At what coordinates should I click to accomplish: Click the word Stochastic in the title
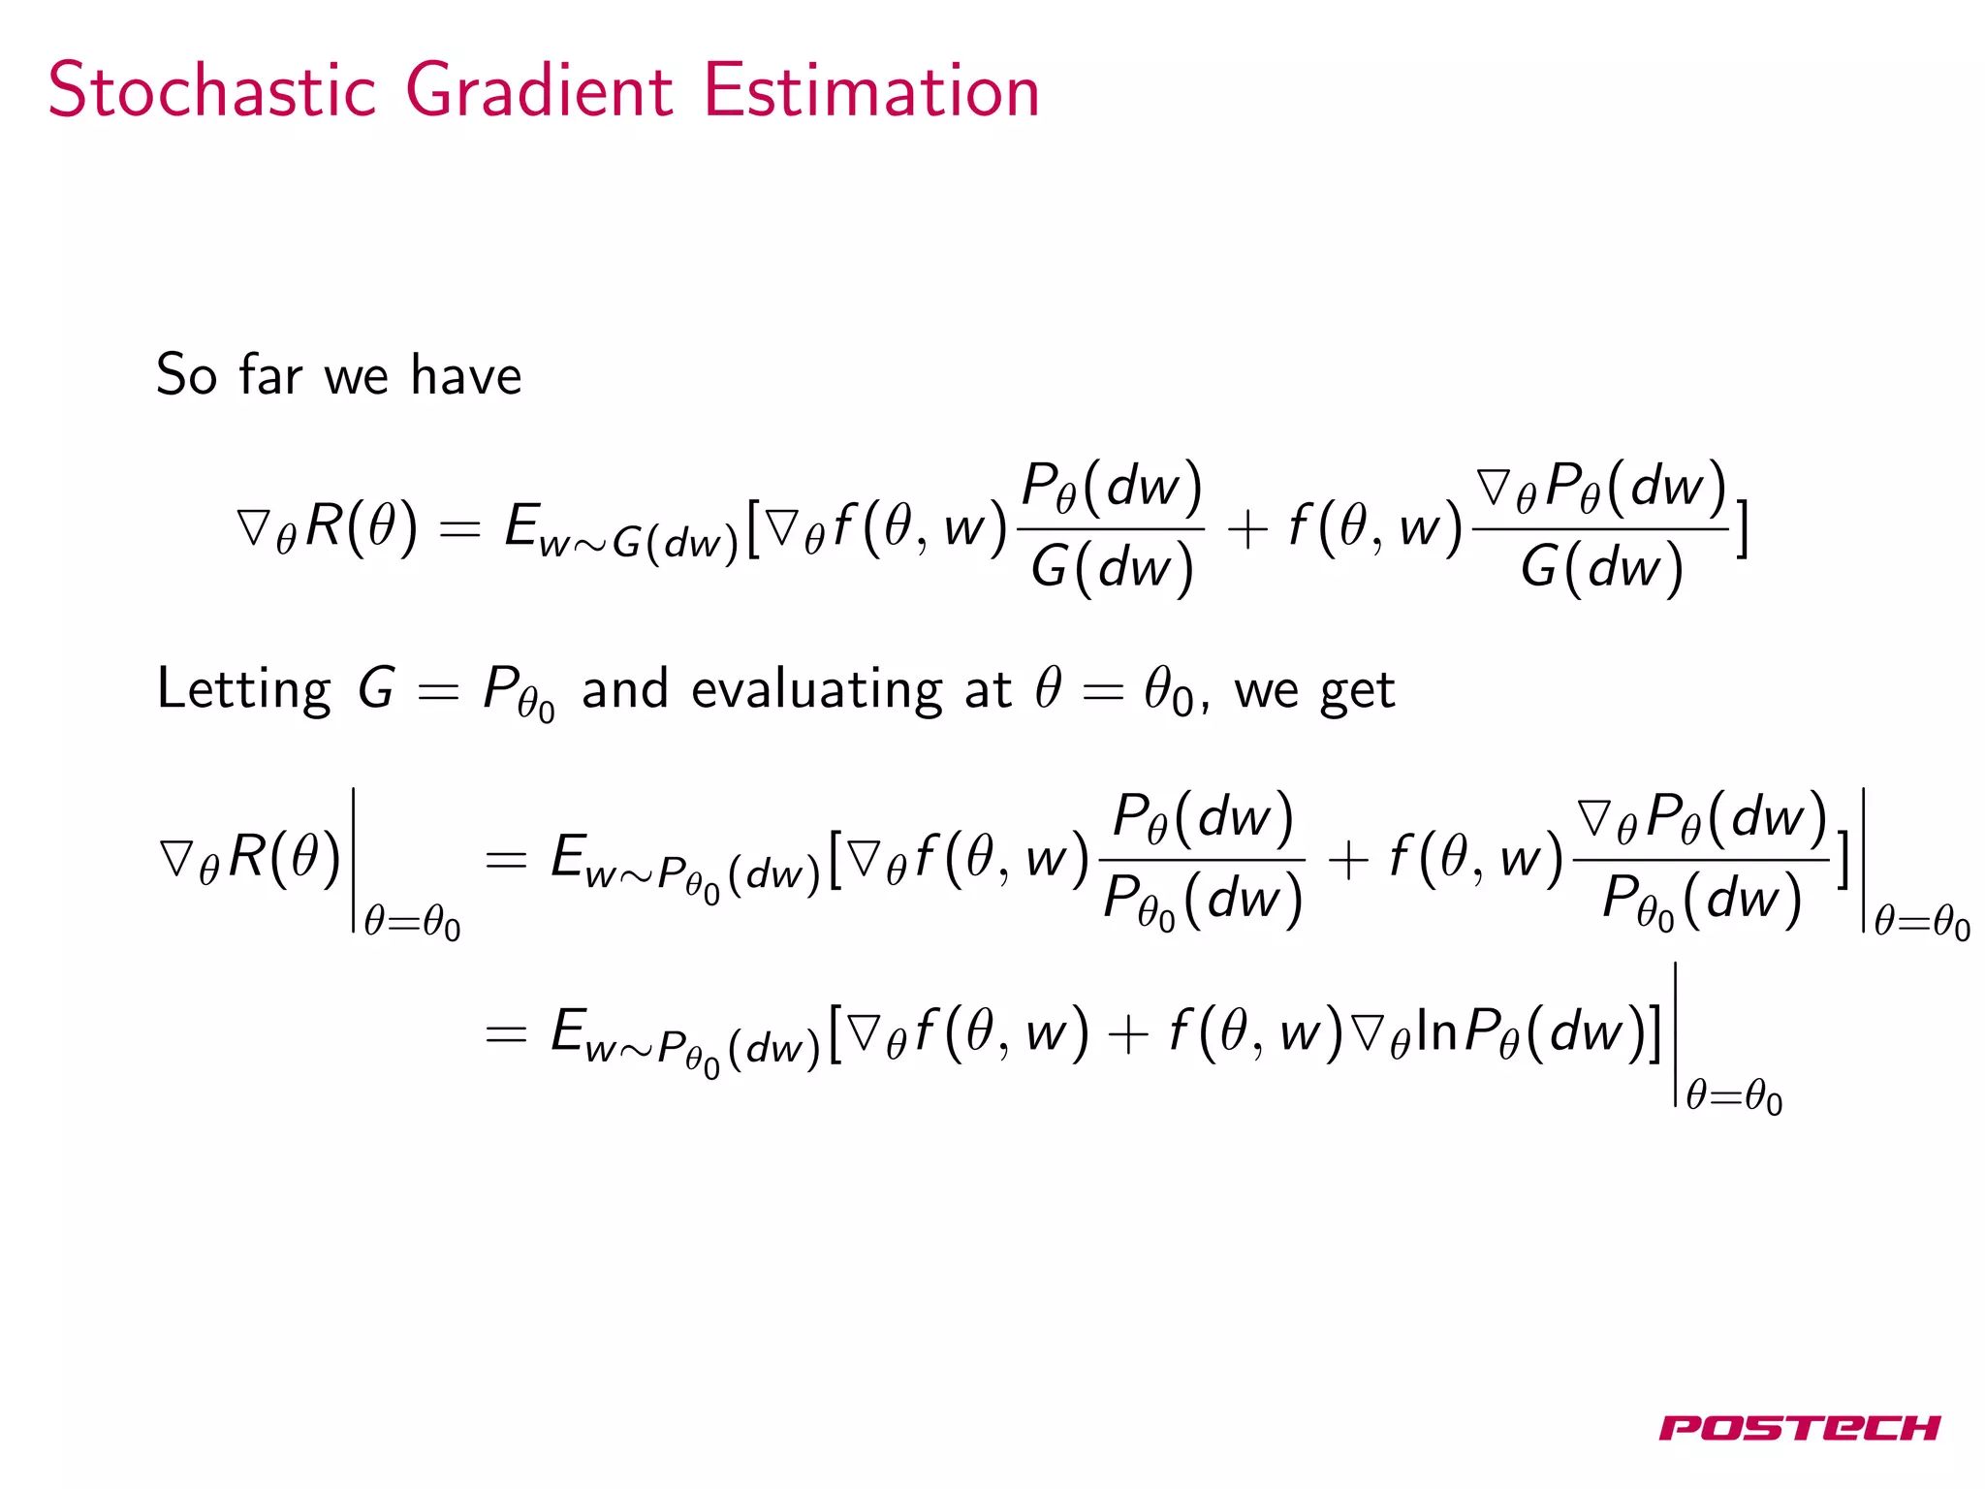(x=211, y=90)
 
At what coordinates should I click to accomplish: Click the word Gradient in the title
(x=539, y=90)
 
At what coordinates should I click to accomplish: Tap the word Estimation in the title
(x=870, y=90)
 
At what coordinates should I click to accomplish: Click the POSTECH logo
(x=1799, y=1428)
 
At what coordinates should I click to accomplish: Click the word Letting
(x=243, y=690)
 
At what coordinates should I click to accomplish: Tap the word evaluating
(x=816, y=690)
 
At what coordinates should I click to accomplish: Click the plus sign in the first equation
(x=1247, y=530)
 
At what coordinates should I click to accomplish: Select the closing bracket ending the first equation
(x=1742, y=529)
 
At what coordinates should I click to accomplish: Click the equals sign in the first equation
(x=459, y=529)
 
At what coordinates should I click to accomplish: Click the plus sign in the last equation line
(x=1128, y=1033)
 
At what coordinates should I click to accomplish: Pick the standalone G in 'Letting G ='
(x=376, y=688)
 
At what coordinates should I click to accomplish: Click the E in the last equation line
(x=568, y=1030)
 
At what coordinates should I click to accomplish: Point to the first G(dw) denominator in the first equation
(x=1112, y=567)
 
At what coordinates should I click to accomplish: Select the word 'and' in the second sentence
(x=624, y=689)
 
